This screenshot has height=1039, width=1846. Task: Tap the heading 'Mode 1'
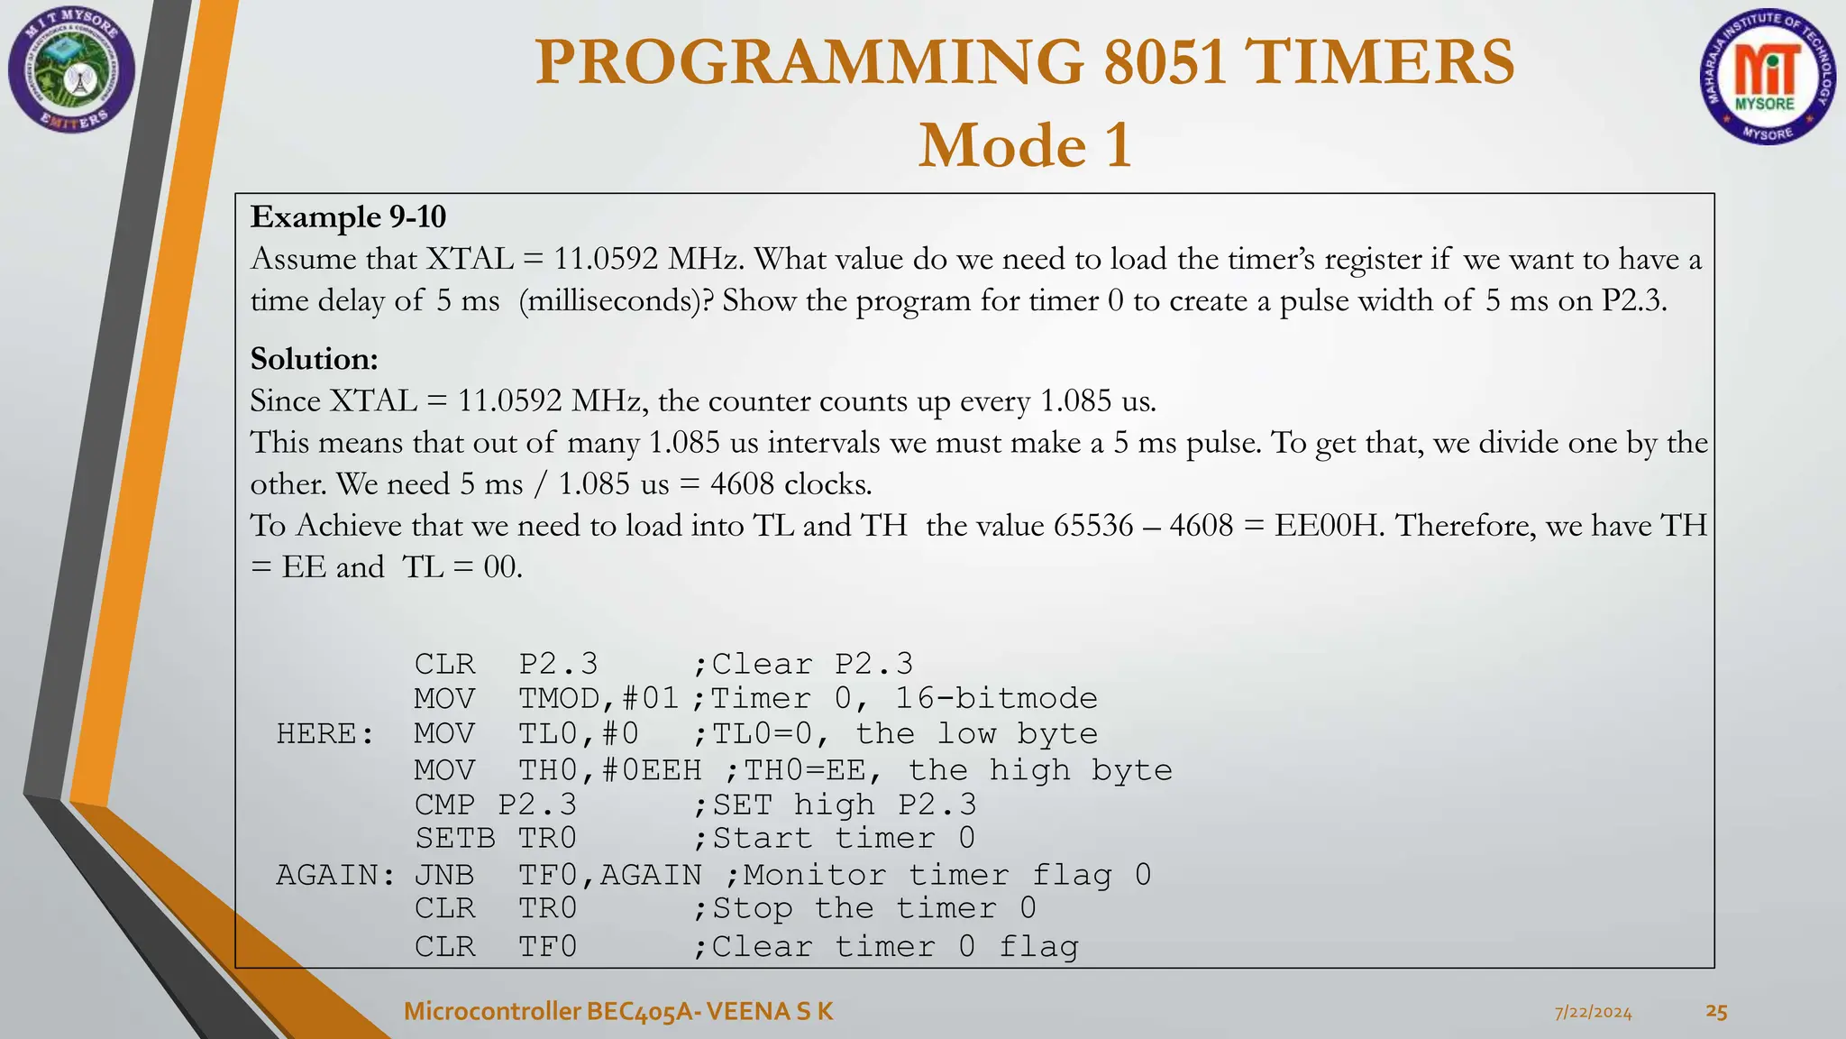coord(1025,145)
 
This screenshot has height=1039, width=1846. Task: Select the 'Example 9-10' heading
coord(348,216)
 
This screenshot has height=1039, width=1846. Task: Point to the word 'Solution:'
coord(314,359)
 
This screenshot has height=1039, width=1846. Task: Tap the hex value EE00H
coord(1329,525)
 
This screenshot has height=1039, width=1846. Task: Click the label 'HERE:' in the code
coord(324,734)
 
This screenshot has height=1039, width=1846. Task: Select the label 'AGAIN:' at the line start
coord(334,875)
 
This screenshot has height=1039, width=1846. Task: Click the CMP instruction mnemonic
coord(444,805)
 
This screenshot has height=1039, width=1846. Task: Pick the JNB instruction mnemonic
coord(444,875)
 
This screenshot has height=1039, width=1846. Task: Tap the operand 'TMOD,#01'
coord(598,699)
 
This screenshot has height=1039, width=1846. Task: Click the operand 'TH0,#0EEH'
coord(609,770)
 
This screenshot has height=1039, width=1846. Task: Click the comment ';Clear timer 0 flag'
coord(885,947)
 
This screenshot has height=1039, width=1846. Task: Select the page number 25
coord(1716,1012)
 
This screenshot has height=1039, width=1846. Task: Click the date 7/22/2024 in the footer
coord(1593,1013)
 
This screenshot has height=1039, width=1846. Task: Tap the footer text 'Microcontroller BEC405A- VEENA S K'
coord(618,1011)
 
